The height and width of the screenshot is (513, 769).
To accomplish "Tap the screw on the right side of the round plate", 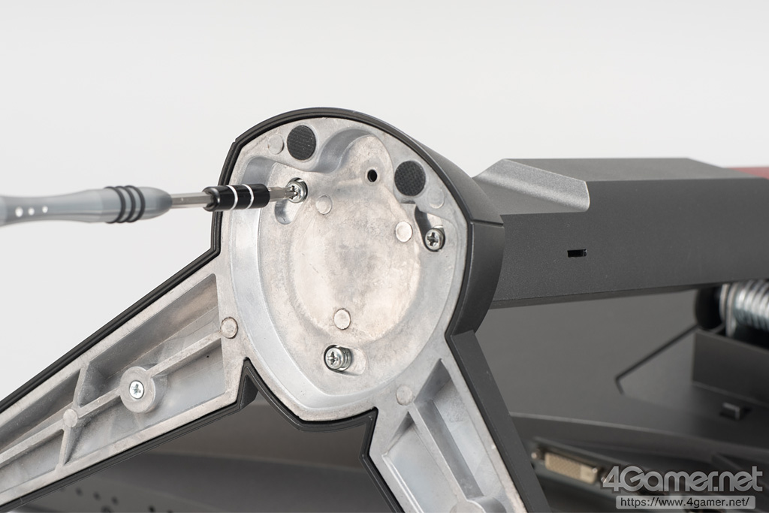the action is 433,238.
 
